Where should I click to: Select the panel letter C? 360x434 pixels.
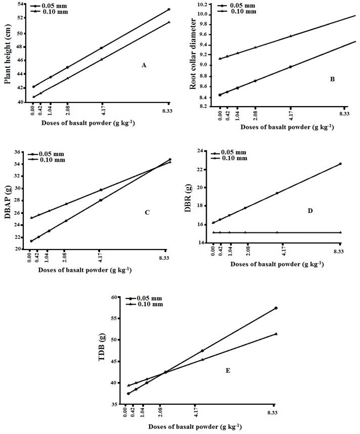point(147,212)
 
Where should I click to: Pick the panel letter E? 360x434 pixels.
point(228,371)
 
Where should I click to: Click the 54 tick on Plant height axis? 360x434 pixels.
point(21,4)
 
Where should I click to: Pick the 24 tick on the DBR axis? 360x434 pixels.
point(202,151)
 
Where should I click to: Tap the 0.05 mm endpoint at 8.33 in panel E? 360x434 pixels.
point(276,308)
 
